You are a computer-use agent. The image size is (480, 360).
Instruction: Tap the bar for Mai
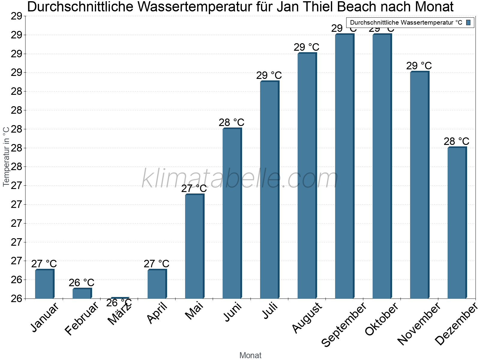[194, 246]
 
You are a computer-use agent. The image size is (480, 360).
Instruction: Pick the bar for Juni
[232, 213]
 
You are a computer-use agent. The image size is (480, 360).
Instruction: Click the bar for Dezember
[457, 223]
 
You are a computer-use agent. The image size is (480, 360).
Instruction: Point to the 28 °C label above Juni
[231, 123]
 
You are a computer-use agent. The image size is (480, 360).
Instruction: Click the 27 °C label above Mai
[194, 189]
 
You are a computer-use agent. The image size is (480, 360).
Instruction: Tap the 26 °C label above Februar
[81, 283]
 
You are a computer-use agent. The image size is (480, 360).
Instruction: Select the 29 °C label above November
[419, 66]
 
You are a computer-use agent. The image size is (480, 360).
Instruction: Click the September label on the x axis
[344, 324]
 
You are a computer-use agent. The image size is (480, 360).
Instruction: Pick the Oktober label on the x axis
[381, 319]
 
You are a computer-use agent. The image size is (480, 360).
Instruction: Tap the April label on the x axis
[157, 313]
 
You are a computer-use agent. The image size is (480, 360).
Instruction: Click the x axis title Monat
[250, 355]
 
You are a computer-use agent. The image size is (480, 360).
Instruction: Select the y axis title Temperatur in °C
[6, 157]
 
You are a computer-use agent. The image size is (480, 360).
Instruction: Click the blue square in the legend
[469, 22]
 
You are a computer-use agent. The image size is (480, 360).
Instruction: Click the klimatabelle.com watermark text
[240, 178]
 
